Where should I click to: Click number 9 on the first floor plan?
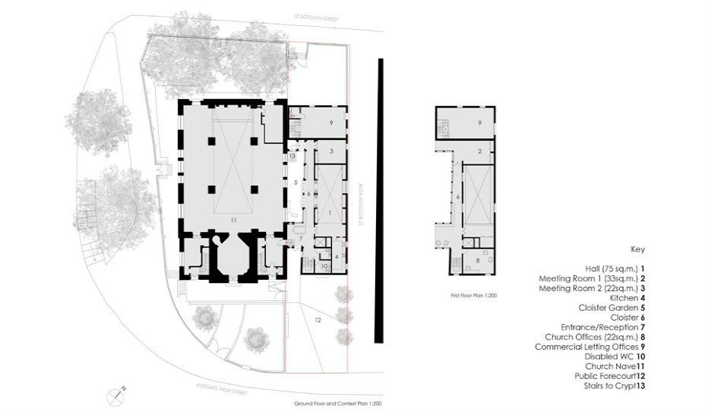pos(478,123)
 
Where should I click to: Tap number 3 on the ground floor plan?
pos(331,150)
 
